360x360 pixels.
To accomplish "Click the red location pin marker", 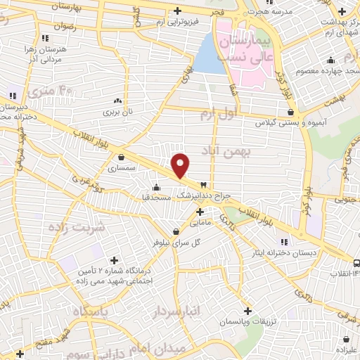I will click(181, 165).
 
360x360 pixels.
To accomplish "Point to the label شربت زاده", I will click(75, 226).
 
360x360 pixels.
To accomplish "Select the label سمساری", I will click(124, 169).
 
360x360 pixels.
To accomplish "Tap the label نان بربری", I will click(118, 111).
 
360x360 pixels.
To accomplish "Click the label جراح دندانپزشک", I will click(209, 194).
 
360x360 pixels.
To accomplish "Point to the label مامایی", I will click(199, 222).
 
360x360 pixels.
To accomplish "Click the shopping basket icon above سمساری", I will click(123, 157).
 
